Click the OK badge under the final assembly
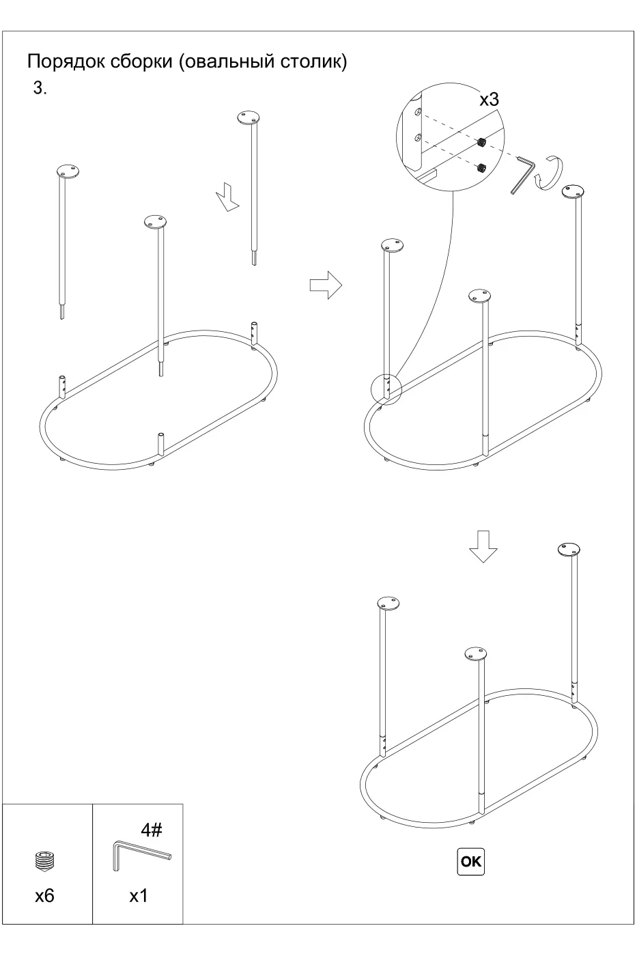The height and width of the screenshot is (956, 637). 470,861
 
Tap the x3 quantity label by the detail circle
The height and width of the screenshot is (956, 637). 489,100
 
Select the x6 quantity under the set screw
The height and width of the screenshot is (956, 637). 45,895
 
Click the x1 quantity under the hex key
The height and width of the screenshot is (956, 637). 138,895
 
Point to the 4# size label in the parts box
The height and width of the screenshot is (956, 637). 152,830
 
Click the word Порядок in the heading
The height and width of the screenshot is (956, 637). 66,61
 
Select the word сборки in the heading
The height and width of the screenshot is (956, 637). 141,61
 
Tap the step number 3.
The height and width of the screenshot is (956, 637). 40,88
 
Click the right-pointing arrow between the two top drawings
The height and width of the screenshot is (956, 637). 326,285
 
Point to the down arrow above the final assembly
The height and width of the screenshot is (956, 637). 483,546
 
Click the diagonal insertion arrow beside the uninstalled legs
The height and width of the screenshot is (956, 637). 227,197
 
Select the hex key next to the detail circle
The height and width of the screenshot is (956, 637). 523,175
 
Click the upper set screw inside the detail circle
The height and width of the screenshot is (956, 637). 482,143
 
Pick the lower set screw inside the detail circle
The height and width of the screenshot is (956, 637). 482,167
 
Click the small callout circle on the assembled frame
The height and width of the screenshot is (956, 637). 386,389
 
